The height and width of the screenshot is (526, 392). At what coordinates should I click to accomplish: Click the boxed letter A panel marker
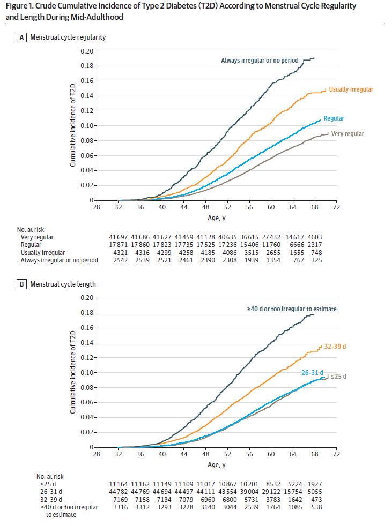pos(22,37)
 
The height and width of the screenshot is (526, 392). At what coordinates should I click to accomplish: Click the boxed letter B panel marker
pos(22,284)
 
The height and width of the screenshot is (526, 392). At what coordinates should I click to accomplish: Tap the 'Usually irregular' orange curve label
pos(351,89)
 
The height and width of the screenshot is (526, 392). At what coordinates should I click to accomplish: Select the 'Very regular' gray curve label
pos(348,134)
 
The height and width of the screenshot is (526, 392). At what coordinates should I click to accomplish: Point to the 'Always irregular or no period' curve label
pos(260,61)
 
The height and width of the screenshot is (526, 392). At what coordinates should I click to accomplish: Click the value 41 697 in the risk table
pos(119,237)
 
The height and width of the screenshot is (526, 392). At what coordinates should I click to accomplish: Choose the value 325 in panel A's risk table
pos(316,260)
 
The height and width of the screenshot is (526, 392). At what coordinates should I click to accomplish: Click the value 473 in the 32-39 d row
pos(316,499)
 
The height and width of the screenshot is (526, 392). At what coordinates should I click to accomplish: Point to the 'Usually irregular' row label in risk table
pos(42,252)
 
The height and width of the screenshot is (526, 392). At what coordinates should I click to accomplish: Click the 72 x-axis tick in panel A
pos(336,208)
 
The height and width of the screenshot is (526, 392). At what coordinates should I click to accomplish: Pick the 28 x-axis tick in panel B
pos(97,455)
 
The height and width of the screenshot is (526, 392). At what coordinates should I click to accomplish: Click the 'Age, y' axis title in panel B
pos(217,464)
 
